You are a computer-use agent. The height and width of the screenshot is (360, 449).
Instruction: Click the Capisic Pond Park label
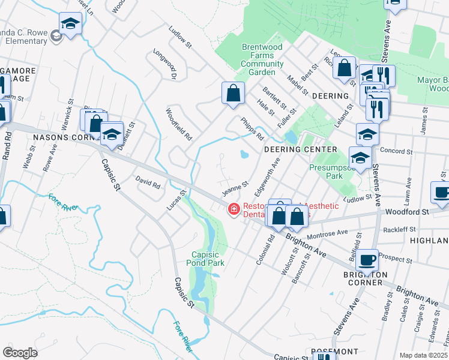click(208, 258)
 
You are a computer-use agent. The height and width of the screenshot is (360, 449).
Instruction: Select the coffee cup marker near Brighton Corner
click(367, 260)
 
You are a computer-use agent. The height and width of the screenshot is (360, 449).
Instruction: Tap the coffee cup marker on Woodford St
click(442, 193)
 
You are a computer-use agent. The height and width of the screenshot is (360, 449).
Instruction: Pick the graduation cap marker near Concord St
click(360, 158)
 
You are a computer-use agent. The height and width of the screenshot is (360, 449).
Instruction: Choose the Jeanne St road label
click(235, 189)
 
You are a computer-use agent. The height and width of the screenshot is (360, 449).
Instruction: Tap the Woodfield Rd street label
click(179, 124)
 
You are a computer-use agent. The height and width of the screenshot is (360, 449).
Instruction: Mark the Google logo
click(20, 352)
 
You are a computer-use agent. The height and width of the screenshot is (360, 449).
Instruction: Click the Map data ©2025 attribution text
click(424, 355)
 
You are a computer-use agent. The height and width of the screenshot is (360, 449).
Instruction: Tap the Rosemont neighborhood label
click(334, 351)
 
